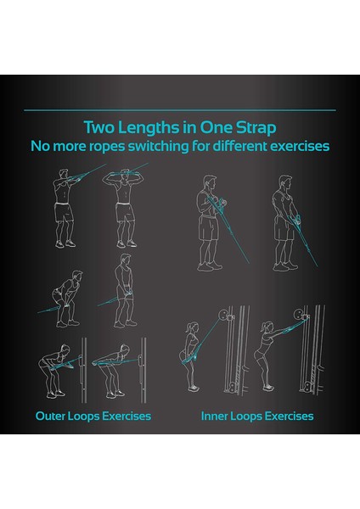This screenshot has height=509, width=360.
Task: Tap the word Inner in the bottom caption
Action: click(x=217, y=416)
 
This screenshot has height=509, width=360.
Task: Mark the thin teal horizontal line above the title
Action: click(x=180, y=110)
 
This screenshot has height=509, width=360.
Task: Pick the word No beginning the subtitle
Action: click(x=40, y=146)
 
